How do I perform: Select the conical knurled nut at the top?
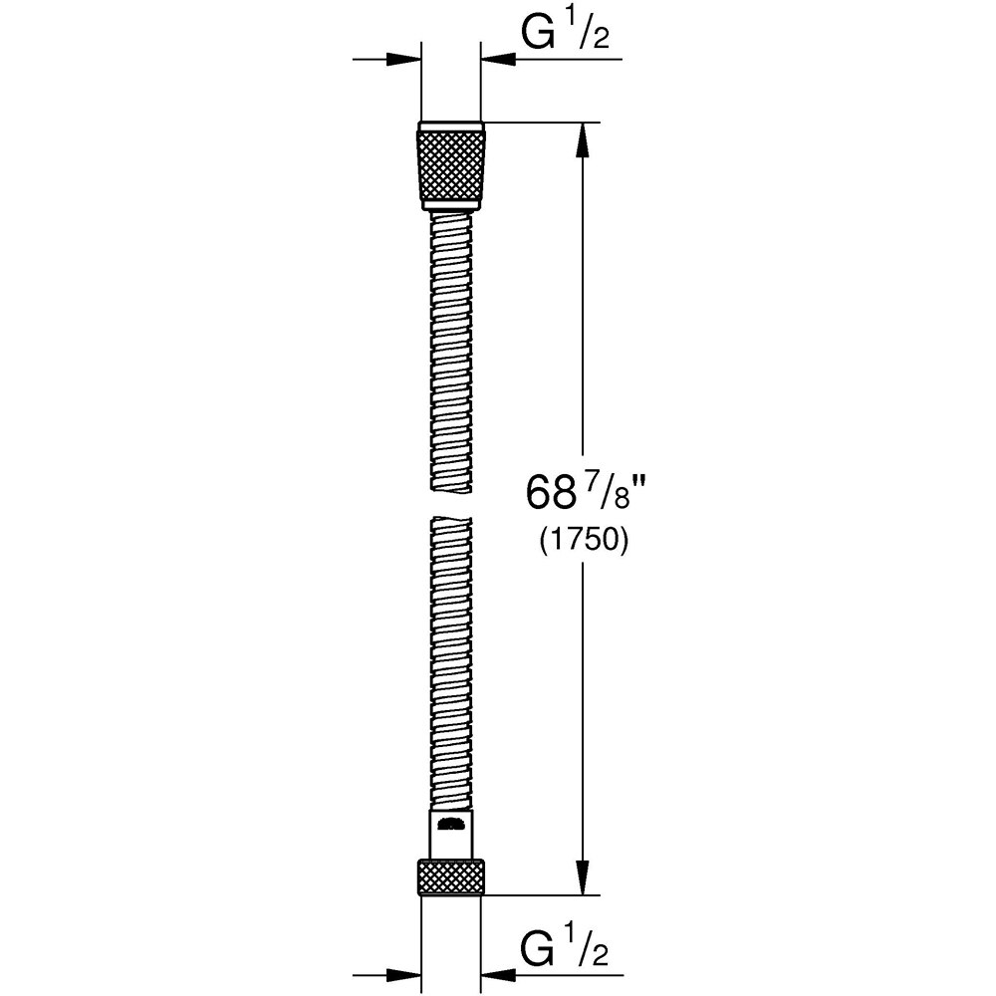451,164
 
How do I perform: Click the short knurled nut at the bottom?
451,875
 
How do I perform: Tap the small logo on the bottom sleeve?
451,822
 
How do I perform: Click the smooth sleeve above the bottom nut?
451,835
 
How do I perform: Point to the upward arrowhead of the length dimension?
584,139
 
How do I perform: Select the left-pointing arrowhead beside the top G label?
498,60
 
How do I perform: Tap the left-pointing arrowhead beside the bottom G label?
498,973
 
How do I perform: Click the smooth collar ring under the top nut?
451,204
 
